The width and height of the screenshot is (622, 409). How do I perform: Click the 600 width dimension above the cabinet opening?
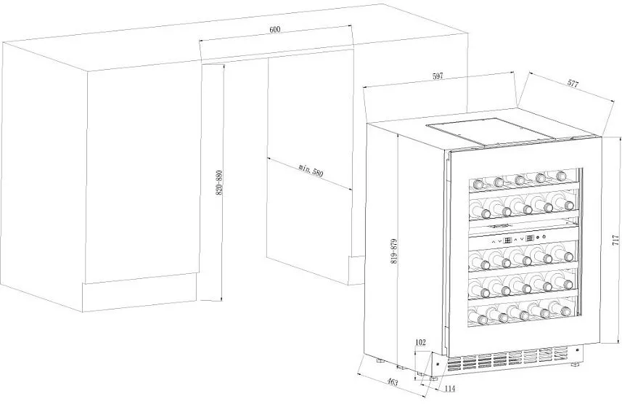point(274,29)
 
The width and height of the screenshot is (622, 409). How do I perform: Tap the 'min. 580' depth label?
point(310,173)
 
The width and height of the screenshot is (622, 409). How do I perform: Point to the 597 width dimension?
point(437,76)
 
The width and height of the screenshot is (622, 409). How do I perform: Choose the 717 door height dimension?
point(615,242)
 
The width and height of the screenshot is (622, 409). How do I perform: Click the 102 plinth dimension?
point(420,342)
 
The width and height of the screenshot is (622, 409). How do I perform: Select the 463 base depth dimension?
point(391,381)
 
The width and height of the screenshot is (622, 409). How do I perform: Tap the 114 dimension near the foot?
point(450,389)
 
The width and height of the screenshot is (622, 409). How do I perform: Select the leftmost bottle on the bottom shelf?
point(475,318)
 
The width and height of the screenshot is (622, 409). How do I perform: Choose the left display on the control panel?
point(508,239)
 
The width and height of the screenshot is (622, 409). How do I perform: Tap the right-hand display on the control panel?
point(530,238)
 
